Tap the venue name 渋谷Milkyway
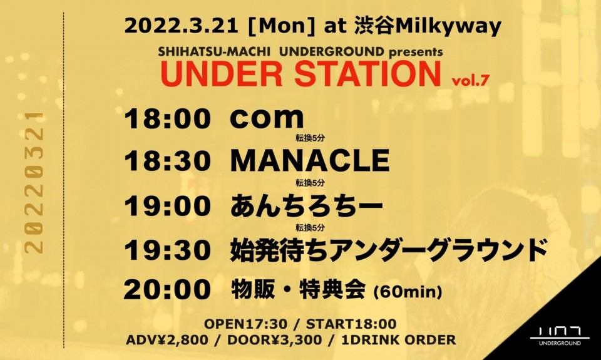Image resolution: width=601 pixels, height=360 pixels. pos(428,27)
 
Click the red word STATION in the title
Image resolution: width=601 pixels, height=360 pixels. pos(367,74)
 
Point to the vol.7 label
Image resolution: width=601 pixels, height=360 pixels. pos(470,81)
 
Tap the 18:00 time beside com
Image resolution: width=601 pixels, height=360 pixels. pos(168,118)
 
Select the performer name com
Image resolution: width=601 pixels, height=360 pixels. pos(267,118)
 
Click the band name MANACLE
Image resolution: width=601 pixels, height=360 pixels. pos(310,161)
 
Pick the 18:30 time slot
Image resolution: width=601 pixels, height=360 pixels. pos(168,161)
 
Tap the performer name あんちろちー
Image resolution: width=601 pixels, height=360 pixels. pos(307,205)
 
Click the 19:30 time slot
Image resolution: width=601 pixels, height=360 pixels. pos(168,250)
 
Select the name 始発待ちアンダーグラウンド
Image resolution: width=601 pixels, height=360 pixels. pos(388,250)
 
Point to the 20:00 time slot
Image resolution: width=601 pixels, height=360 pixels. pos(167,290)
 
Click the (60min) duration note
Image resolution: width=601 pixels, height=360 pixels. pos(408,292)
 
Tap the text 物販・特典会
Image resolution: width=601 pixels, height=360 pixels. pos(298,291)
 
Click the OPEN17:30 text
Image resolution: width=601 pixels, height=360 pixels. pos(245,324)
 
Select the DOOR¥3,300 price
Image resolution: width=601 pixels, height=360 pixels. pos(274,340)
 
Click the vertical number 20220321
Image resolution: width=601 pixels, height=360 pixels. pos(34,182)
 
